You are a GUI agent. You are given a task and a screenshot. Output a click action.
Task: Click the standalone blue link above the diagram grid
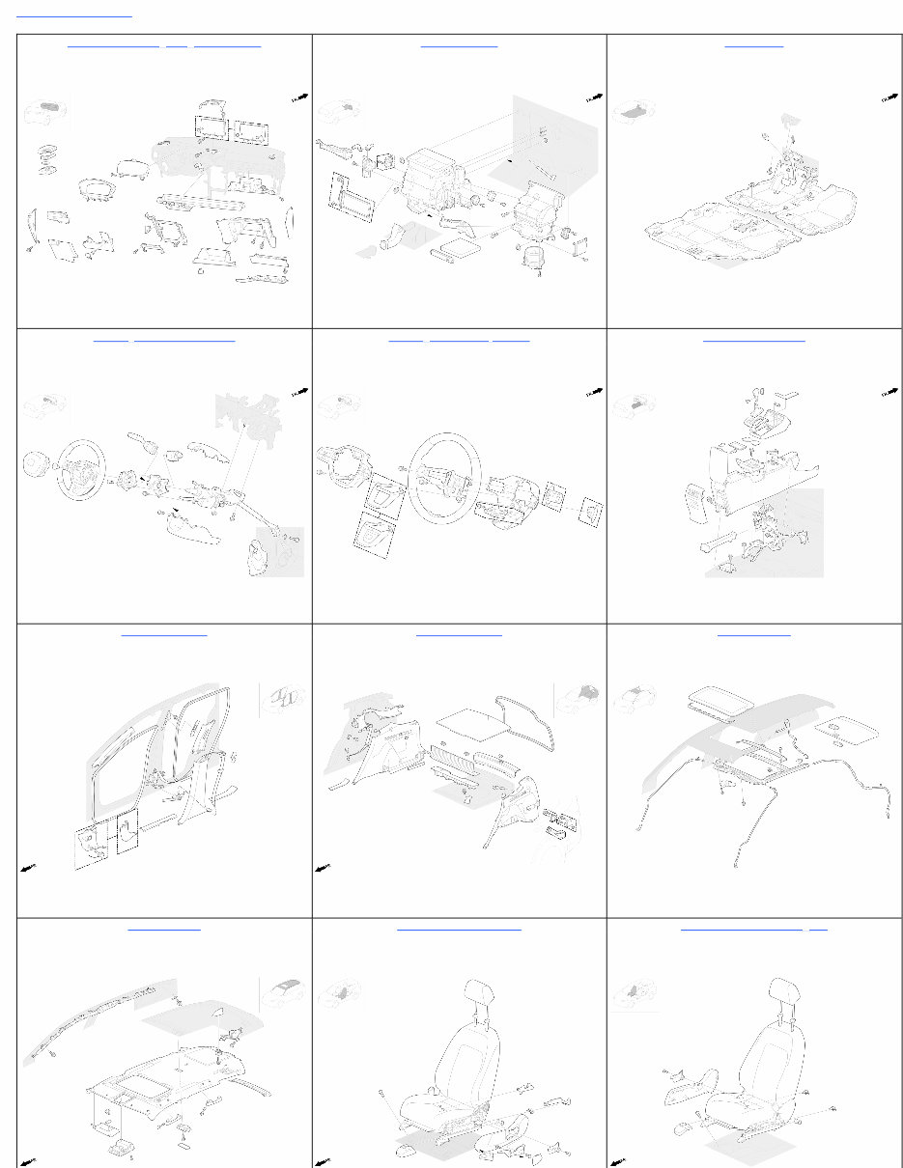(74, 14)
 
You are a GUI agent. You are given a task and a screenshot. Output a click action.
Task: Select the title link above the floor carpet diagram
(753, 44)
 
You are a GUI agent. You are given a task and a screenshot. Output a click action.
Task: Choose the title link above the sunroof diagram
(753, 633)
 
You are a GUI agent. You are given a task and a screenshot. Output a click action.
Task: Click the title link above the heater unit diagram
(459, 44)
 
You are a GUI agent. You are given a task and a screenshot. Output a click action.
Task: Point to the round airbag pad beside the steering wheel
(37, 464)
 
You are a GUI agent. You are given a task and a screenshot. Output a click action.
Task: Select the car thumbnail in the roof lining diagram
(284, 994)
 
